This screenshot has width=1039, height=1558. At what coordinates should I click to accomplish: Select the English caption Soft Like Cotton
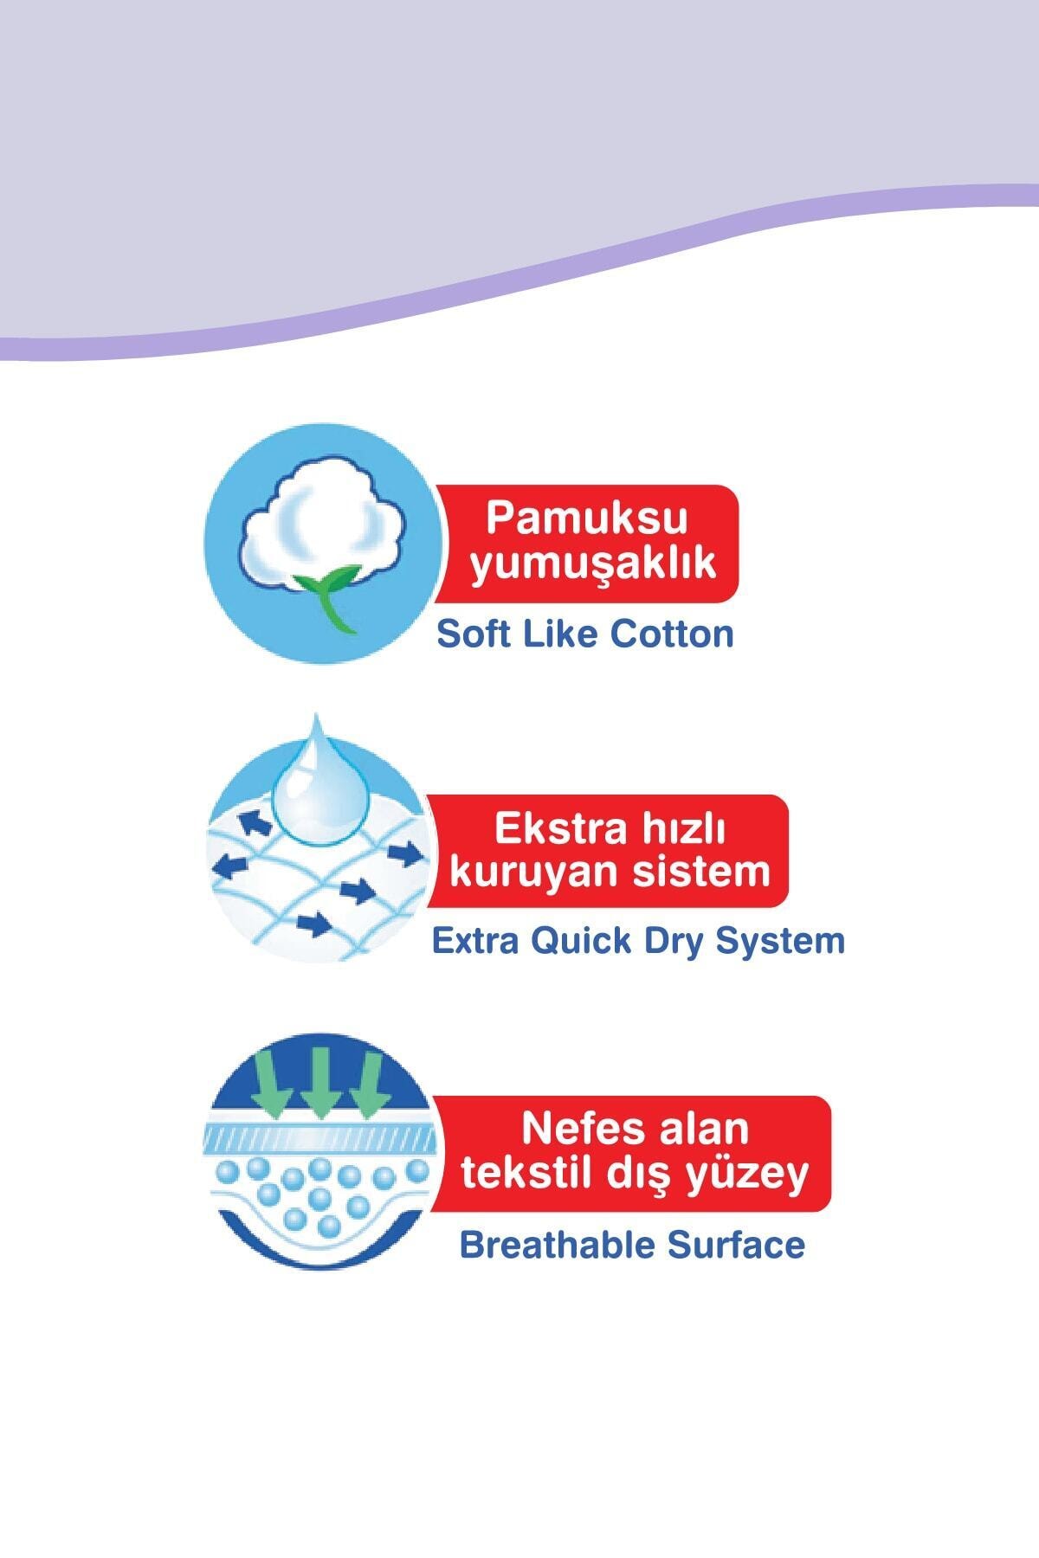584,634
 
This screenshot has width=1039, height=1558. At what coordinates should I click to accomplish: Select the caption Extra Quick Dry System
637,940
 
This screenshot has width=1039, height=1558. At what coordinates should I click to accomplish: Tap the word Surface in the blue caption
736,1245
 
